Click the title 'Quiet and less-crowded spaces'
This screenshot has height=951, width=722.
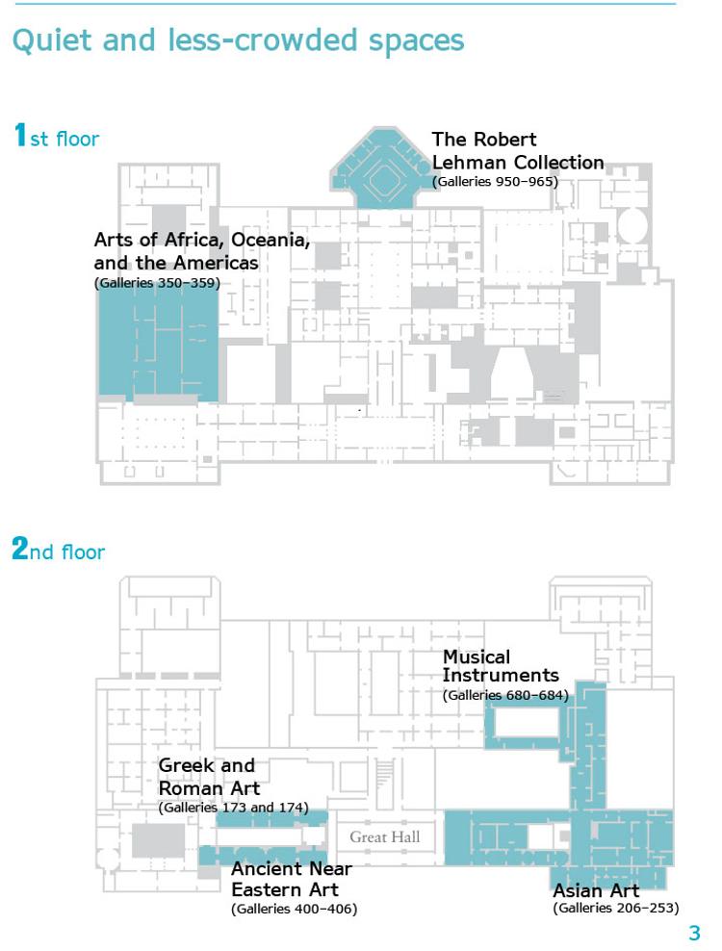point(238,40)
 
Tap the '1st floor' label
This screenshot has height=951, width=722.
point(56,136)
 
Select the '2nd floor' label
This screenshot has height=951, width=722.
point(59,549)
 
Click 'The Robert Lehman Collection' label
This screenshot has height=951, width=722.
point(518,151)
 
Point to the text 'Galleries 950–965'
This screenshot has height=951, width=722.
point(495,181)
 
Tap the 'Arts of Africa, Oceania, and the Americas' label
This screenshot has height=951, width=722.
point(201,251)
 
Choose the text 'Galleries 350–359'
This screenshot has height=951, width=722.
point(157,283)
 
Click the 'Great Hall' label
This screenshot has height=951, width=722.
point(385,837)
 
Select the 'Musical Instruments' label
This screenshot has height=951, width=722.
point(501,666)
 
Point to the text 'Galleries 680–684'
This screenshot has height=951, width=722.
point(505,695)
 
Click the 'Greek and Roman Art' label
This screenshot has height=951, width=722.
point(209,777)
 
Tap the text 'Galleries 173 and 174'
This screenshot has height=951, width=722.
point(234,808)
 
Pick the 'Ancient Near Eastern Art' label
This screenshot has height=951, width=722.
point(292,880)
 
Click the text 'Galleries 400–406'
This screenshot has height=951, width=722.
point(295,909)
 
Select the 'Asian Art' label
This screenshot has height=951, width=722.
point(596,890)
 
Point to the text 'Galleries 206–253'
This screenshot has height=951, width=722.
point(616,908)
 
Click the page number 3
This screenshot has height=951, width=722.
point(695,933)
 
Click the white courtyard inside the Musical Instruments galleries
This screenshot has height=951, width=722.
point(526,722)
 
